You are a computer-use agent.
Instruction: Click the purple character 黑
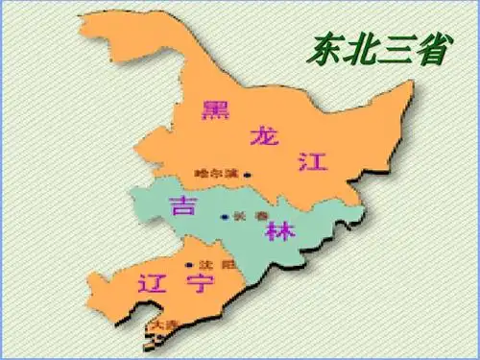[213, 109]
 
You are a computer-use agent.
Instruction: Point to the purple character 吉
[180, 205]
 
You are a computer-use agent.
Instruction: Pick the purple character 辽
[147, 283]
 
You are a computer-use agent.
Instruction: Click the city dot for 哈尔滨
[247, 175]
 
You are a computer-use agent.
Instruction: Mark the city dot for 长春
[226, 217]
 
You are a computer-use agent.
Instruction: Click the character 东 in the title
[328, 48]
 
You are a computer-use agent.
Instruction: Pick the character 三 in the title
[396, 48]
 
